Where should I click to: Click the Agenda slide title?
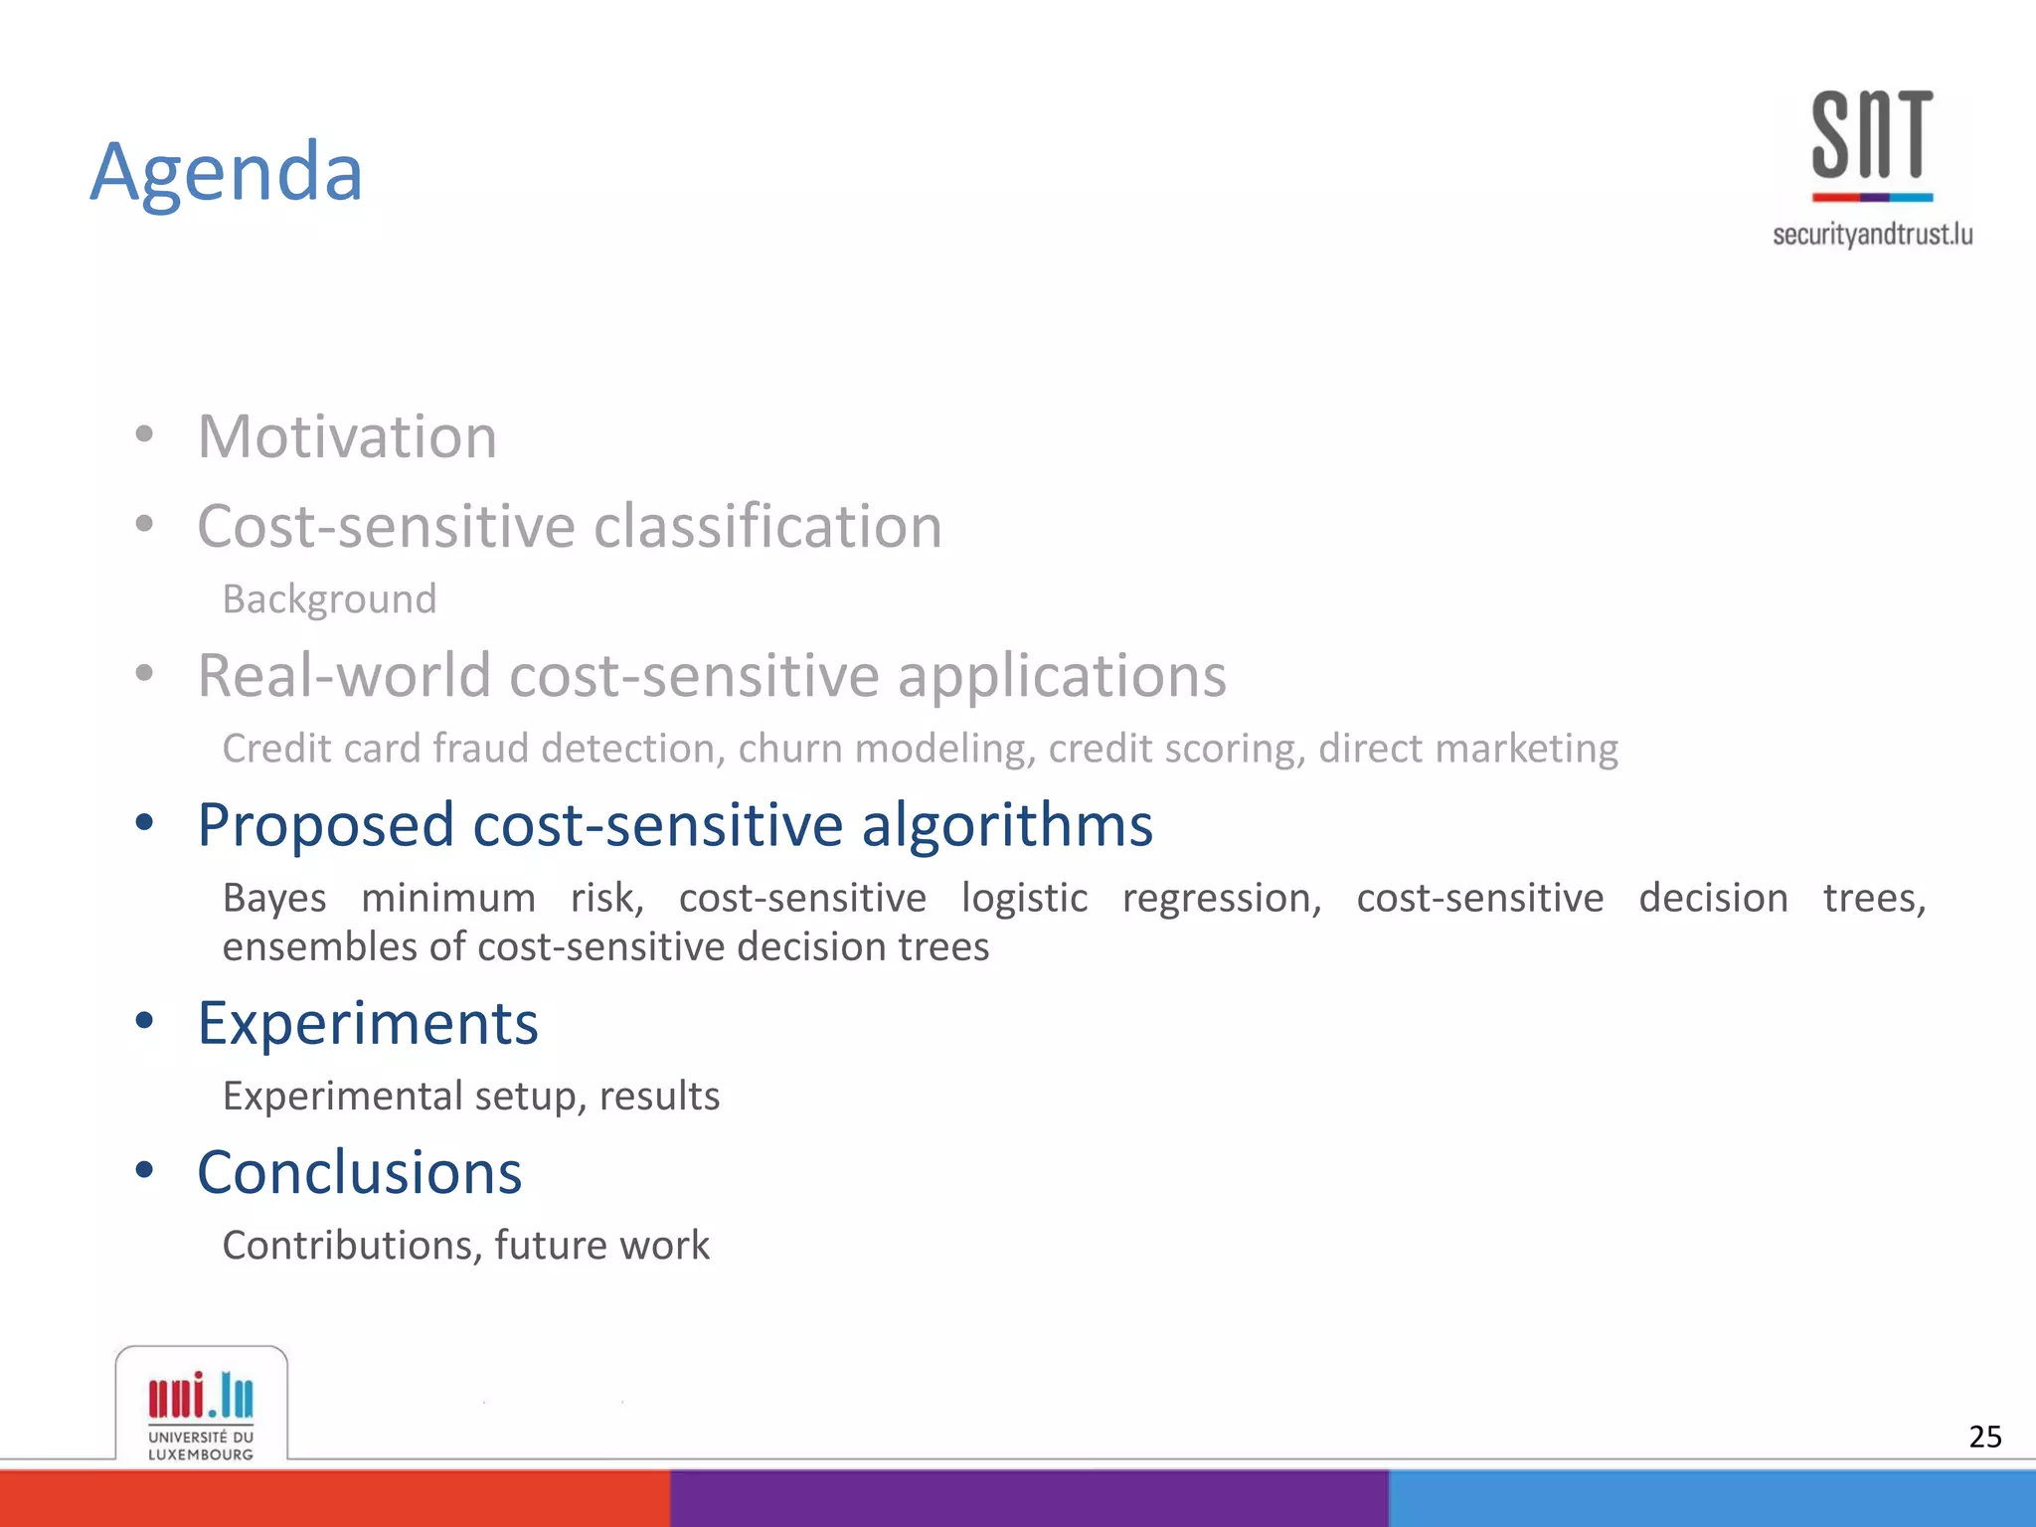click(x=227, y=173)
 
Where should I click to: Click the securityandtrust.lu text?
click(x=1872, y=235)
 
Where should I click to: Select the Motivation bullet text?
click(x=347, y=436)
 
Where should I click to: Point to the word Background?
click(x=329, y=599)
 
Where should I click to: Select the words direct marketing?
click(x=1467, y=749)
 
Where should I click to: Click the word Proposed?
click(x=326, y=825)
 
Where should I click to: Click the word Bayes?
click(x=274, y=898)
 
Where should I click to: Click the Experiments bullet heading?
click(x=368, y=1024)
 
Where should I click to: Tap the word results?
click(x=659, y=1097)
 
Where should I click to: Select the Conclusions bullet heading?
click(x=359, y=1173)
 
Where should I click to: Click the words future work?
click(x=601, y=1246)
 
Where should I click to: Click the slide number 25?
click(x=1984, y=1437)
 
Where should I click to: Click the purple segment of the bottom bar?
click(x=1029, y=1498)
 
